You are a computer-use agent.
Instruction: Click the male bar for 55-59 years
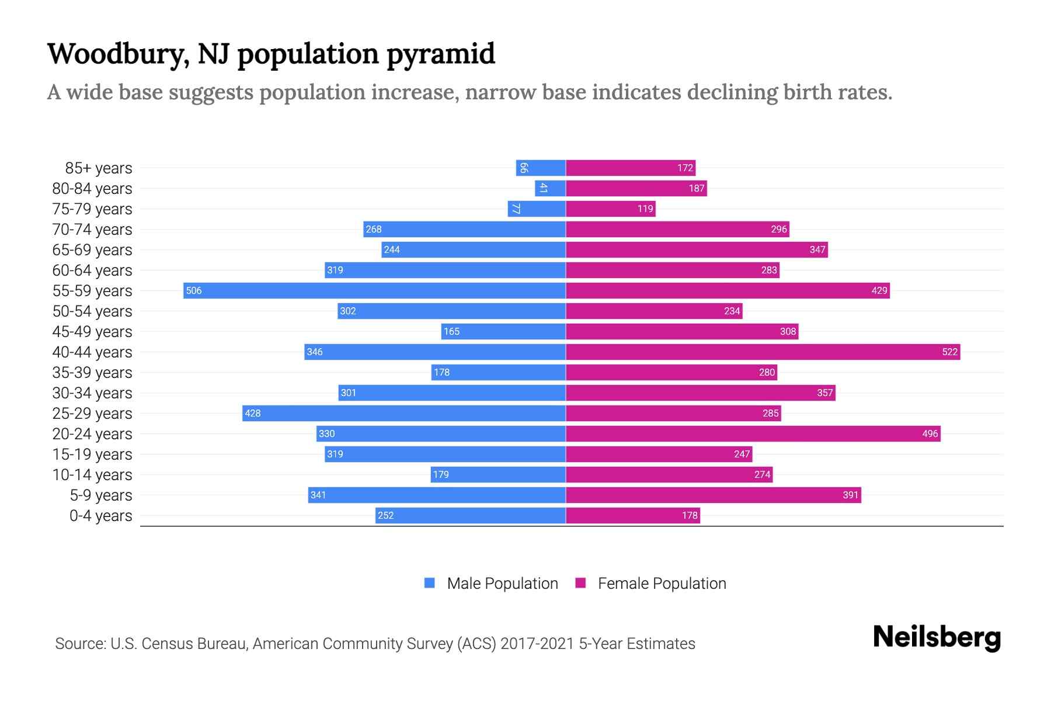pyautogui.click(x=374, y=290)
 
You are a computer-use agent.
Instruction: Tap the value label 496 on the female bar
pyautogui.click(x=930, y=433)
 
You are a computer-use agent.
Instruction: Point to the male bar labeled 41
pyautogui.click(x=550, y=188)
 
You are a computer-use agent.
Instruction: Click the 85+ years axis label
pyautogui.click(x=98, y=168)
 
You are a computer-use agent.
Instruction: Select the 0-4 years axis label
pyautogui.click(x=100, y=516)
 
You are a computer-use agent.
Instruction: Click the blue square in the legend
pyautogui.click(x=430, y=583)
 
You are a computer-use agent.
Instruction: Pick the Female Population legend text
pyautogui.click(x=662, y=583)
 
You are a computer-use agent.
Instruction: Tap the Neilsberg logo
pyautogui.click(x=937, y=637)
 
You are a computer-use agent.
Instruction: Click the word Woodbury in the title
pyautogui.click(x=117, y=54)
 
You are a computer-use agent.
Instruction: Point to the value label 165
pyautogui.click(x=451, y=331)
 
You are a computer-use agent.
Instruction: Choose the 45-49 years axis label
pyautogui.click(x=92, y=331)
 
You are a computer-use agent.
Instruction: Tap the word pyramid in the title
pyautogui.click(x=441, y=54)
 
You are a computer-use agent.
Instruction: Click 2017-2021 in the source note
pyautogui.click(x=537, y=643)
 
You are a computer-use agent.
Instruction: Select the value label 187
pyautogui.click(x=696, y=188)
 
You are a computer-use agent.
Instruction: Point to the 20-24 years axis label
pyautogui.click(x=92, y=433)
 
